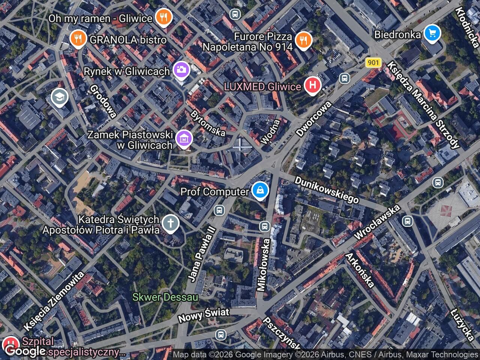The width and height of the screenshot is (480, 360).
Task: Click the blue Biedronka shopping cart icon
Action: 432,33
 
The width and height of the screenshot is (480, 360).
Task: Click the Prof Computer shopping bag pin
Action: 259,191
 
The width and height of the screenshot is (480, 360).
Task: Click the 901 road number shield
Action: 373,63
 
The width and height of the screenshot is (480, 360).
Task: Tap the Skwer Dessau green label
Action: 165,297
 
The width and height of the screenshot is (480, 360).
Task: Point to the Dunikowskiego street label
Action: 326,190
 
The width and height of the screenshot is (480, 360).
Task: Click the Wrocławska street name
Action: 377,222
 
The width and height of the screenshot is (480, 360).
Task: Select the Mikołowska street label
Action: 263,265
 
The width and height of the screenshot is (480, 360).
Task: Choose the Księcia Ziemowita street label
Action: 54,301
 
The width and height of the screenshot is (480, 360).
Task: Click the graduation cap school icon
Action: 60,97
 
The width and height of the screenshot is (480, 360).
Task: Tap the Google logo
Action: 25,351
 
